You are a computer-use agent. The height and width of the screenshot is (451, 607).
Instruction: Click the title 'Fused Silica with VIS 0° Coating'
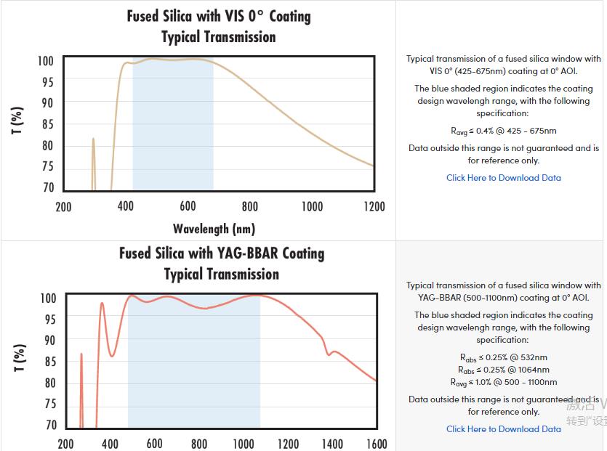click(219, 16)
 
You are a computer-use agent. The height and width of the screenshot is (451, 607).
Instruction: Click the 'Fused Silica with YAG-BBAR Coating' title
click(222, 253)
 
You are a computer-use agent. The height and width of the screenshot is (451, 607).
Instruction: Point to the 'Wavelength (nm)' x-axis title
click(214, 229)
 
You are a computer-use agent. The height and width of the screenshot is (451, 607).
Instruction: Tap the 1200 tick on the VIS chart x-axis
click(374, 207)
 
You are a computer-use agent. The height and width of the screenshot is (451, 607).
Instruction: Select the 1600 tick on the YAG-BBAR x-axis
click(377, 444)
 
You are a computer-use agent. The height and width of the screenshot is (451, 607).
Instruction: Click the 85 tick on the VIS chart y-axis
click(47, 124)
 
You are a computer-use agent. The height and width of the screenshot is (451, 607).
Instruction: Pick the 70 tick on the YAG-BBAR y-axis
click(49, 425)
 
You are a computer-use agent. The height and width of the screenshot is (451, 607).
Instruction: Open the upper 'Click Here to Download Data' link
click(503, 178)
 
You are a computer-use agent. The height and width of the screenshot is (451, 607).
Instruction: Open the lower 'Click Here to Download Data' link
click(503, 429)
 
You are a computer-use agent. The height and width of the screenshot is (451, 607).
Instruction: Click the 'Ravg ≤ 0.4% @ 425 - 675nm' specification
click(503, 131)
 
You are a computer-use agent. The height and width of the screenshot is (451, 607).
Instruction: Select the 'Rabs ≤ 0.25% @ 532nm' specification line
click(503, 357)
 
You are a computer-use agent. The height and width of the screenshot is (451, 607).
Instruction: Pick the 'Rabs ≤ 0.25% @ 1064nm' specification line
click(503, 370)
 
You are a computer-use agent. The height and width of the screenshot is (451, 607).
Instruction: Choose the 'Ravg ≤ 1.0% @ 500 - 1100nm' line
click(503, 382)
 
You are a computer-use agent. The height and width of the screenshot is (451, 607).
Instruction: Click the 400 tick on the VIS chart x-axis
click(126, 207)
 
